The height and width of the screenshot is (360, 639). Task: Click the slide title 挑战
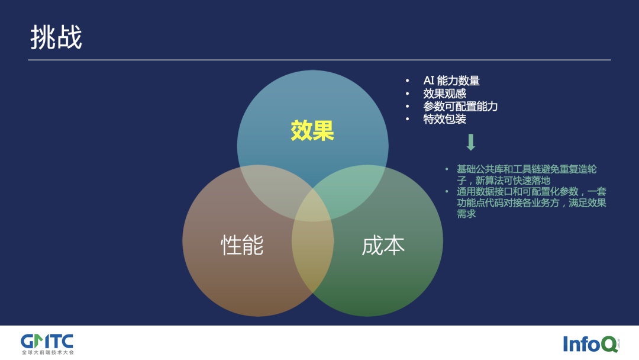(56, 37)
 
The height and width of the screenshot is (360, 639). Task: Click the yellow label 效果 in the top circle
(312, 131)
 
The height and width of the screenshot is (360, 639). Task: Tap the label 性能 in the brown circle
(242, 245)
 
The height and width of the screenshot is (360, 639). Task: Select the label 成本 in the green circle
(383, 245)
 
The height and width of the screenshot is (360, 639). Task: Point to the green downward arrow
(471, 143)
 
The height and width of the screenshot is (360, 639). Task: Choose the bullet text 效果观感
(444, 94)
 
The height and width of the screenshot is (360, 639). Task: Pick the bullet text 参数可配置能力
(460, 107)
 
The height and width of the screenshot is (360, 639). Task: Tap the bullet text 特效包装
(444, 119)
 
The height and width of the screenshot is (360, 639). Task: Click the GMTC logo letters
(47, 341)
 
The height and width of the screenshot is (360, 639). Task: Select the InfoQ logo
(590, 344)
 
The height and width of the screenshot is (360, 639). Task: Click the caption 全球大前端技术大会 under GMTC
(47, 352)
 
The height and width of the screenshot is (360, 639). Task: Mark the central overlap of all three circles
(312, 204)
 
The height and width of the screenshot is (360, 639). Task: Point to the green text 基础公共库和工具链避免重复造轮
(527, 169)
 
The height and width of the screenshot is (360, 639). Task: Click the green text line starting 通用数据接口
(531, 192)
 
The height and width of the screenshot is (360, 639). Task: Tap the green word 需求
(466, 214)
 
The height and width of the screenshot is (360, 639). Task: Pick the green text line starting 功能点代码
(531, 203)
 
